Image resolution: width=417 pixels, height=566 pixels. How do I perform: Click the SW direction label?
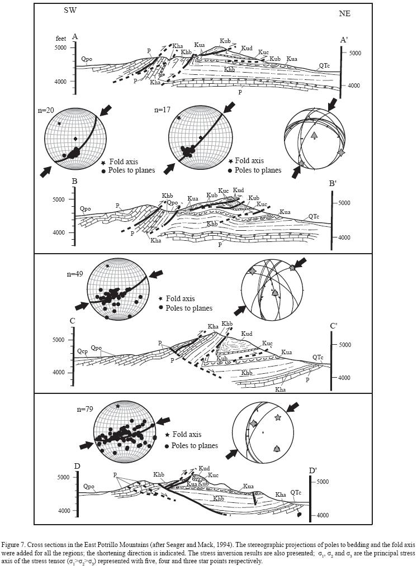tap(72, 12)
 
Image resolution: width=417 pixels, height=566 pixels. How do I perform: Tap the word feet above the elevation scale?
tap(61, 38)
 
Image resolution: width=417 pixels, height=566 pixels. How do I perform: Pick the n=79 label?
tap(86, 410)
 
